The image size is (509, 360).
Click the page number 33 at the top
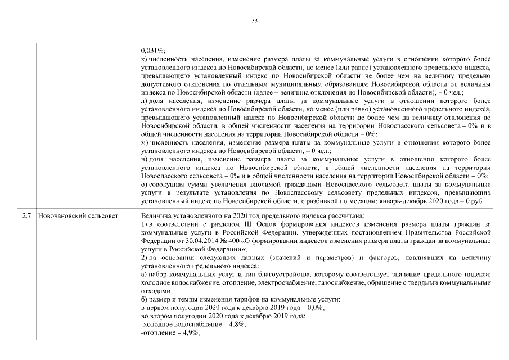[x=254, y=21]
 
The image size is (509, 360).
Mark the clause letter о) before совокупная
[x=144, y=184]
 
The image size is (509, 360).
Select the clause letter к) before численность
[x=143, y=59]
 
